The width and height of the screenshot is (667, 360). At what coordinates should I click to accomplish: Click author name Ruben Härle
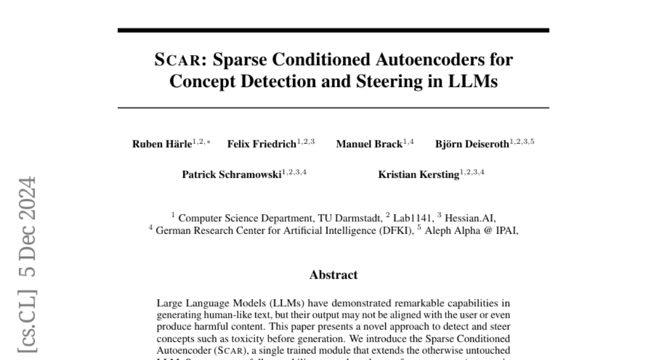[x=162, y=144]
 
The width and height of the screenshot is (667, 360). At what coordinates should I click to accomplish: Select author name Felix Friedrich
[x=261, y=144]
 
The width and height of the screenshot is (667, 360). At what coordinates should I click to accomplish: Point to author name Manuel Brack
[x=369, y=144]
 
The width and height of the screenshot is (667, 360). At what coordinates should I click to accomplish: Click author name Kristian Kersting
[x=419, y=174]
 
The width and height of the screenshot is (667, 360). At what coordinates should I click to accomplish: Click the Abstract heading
[x=333, y=274]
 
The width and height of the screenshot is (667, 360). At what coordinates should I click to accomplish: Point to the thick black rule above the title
[x=333, y=30]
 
